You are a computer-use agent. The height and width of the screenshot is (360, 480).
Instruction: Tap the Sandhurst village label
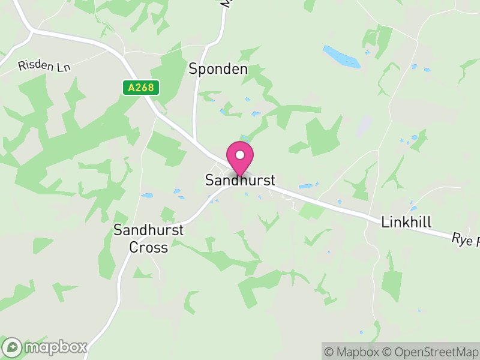pos(240,180)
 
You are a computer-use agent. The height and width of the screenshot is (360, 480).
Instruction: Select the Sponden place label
pos(218,69)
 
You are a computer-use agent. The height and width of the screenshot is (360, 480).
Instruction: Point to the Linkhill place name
pos(406,223)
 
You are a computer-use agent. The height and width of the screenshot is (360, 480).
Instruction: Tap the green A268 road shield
pos(141,88)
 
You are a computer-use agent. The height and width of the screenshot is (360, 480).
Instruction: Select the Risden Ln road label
pos(44,66)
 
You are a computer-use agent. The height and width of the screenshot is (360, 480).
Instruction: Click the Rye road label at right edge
pos(466,239)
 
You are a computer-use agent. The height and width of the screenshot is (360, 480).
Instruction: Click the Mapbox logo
pos(46,347)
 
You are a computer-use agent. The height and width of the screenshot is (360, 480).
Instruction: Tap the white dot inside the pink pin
pos(240,155)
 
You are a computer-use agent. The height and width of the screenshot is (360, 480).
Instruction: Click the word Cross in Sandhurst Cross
pos(149,247)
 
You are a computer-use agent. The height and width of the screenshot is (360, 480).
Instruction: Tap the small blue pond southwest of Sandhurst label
pos(146,196)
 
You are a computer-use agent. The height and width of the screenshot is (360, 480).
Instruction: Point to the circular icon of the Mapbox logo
pos(12,347)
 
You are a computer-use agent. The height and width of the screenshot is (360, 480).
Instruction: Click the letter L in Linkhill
pos(385,223)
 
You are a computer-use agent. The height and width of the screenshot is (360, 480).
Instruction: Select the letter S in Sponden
pos(193,69)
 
